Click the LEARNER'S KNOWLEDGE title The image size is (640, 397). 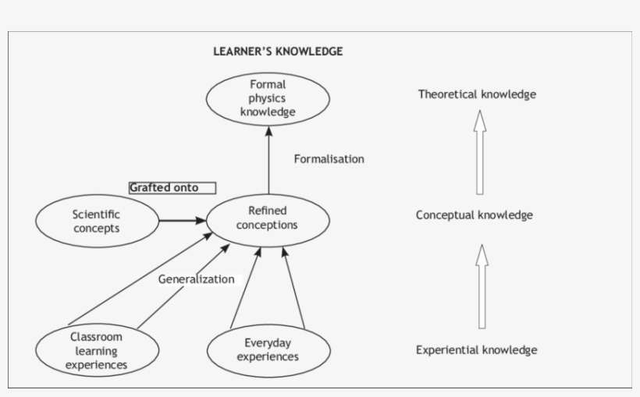(x=278, y=51)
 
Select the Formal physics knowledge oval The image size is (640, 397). (x=268, y=98)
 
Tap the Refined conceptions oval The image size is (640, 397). (x=268, y=218)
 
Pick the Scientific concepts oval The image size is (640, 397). (x=96, y=221)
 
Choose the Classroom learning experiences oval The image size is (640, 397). (x=96, y=350)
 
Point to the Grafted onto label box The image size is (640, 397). (x=172, y=187)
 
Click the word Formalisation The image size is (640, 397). (x=329, y=159)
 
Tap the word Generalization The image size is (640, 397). (x=196, y=278)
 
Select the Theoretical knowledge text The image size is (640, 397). (x=477, y=94)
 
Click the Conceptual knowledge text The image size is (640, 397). (x=475, y=214)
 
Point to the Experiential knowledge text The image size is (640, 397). (x=476, y=349)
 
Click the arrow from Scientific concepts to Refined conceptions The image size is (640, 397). (x=182, y=221)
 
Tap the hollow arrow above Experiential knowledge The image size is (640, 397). (x=482, y=285)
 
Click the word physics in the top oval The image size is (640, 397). (x=268, y=98)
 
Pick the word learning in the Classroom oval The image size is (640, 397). (x=96, y=350)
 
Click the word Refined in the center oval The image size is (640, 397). (x=267, y=211)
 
